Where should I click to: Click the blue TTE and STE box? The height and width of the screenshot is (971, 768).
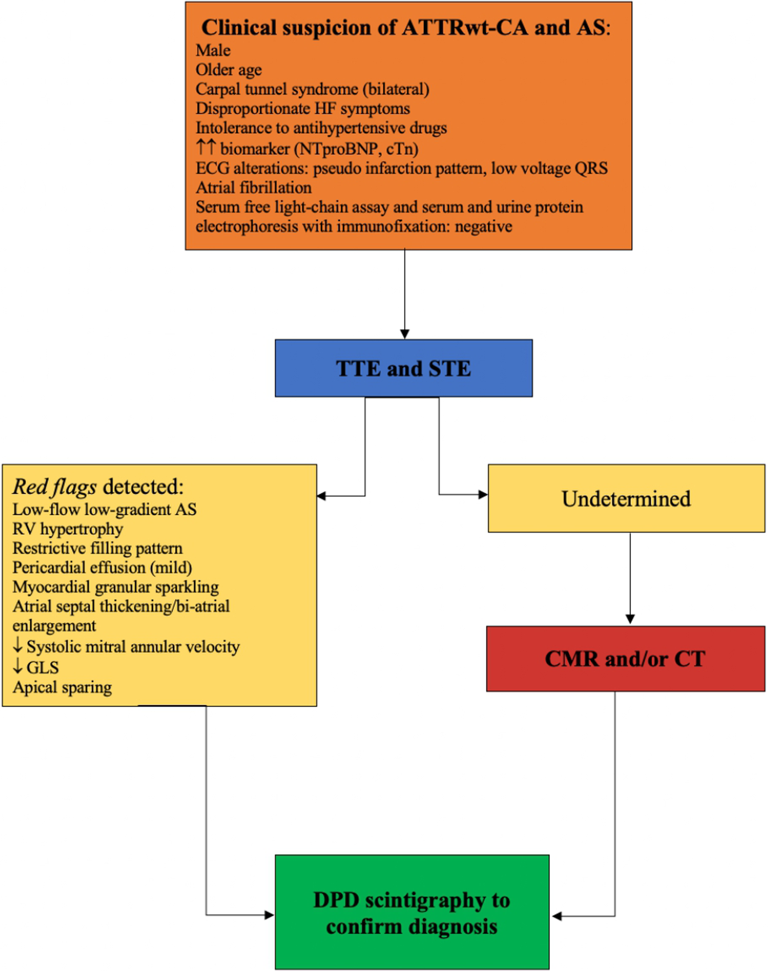[403, 368]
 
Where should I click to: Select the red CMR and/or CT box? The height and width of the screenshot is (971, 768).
[625, 659]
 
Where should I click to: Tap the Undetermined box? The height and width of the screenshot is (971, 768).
[626, 499]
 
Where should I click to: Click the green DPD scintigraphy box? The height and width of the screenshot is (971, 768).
[412, 913]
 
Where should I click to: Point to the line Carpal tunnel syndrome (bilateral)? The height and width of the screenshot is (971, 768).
[312, 89]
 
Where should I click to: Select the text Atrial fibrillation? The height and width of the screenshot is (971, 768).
[253, 187]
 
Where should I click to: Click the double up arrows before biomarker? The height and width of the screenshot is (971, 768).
[206, 148]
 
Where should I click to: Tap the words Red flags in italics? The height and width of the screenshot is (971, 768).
[54, 487]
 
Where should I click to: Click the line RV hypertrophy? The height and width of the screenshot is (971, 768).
[68, 529]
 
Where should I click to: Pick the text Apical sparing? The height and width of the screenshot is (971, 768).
[62, 687]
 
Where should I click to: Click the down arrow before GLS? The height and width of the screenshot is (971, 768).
[18, 667]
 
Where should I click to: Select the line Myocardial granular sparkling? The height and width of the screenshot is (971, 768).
[115, 587]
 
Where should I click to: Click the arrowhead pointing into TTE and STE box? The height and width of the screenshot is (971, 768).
[405, 334]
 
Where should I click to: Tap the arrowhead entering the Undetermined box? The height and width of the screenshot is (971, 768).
[483, 495]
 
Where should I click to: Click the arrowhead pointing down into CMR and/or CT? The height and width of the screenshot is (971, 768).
[630, 619]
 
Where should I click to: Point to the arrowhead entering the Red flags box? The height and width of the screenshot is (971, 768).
[321, 496]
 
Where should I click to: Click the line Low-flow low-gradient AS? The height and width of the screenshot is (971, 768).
[104, 510]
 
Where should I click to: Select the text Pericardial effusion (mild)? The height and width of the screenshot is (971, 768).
[102, 568]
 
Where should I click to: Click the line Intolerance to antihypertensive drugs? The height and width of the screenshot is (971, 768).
[321, 128]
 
